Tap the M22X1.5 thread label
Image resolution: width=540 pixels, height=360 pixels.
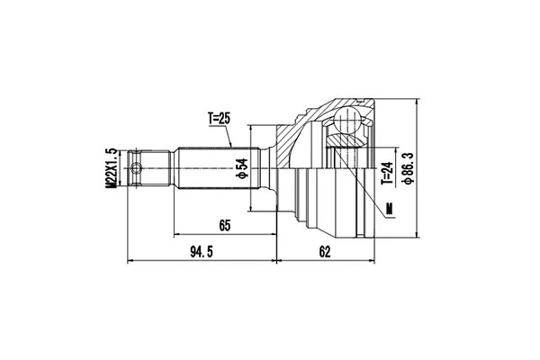pos(112,168)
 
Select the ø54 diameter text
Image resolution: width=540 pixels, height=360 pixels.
pos(241,168)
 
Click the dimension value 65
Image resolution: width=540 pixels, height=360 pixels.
pos(226,226)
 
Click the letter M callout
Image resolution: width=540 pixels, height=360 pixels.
pos(390,211)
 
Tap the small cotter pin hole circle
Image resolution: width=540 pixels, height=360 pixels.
pos(137,167)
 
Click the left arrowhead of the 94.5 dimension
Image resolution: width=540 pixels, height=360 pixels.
pos(133,262)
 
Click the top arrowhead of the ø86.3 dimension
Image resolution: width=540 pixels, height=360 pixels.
pos(417,100)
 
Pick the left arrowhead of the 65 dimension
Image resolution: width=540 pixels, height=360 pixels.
pos(177,236)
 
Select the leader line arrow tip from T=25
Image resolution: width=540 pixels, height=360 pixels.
pos(232,148)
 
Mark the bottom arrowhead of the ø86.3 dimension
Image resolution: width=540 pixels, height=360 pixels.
pos(417,238)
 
